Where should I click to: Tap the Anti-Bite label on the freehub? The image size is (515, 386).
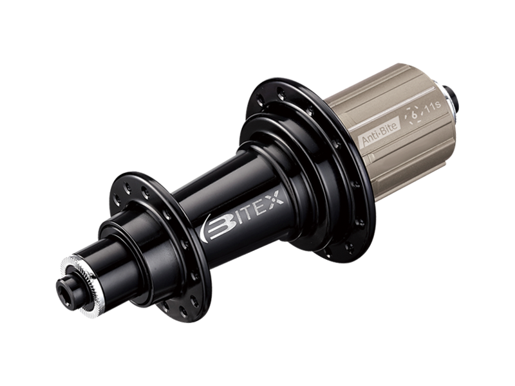(380, 132)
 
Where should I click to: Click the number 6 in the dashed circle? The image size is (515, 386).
(414, 115)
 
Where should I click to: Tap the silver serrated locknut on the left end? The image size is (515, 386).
(80, 283)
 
